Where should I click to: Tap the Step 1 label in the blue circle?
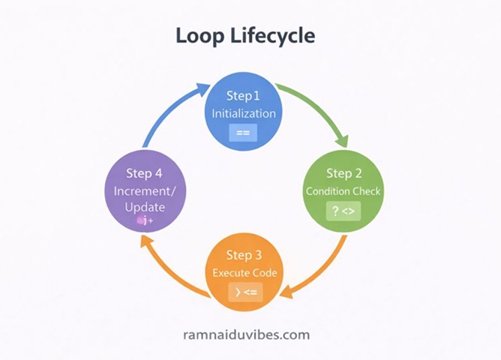(x=243, y=96)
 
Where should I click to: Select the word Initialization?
(x=243, y=114)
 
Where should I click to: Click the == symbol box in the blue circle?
(x=243, y=133)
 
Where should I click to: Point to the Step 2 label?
(x=343, y=174)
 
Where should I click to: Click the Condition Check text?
(x=343, y=191)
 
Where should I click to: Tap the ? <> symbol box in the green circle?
(x=343, y=212)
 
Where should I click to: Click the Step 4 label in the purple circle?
(x=144, y=173)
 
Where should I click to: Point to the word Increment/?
(x=144, y=191)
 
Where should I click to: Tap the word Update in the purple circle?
(x=144, y=206)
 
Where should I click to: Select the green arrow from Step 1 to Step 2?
(x=319, y=109)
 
